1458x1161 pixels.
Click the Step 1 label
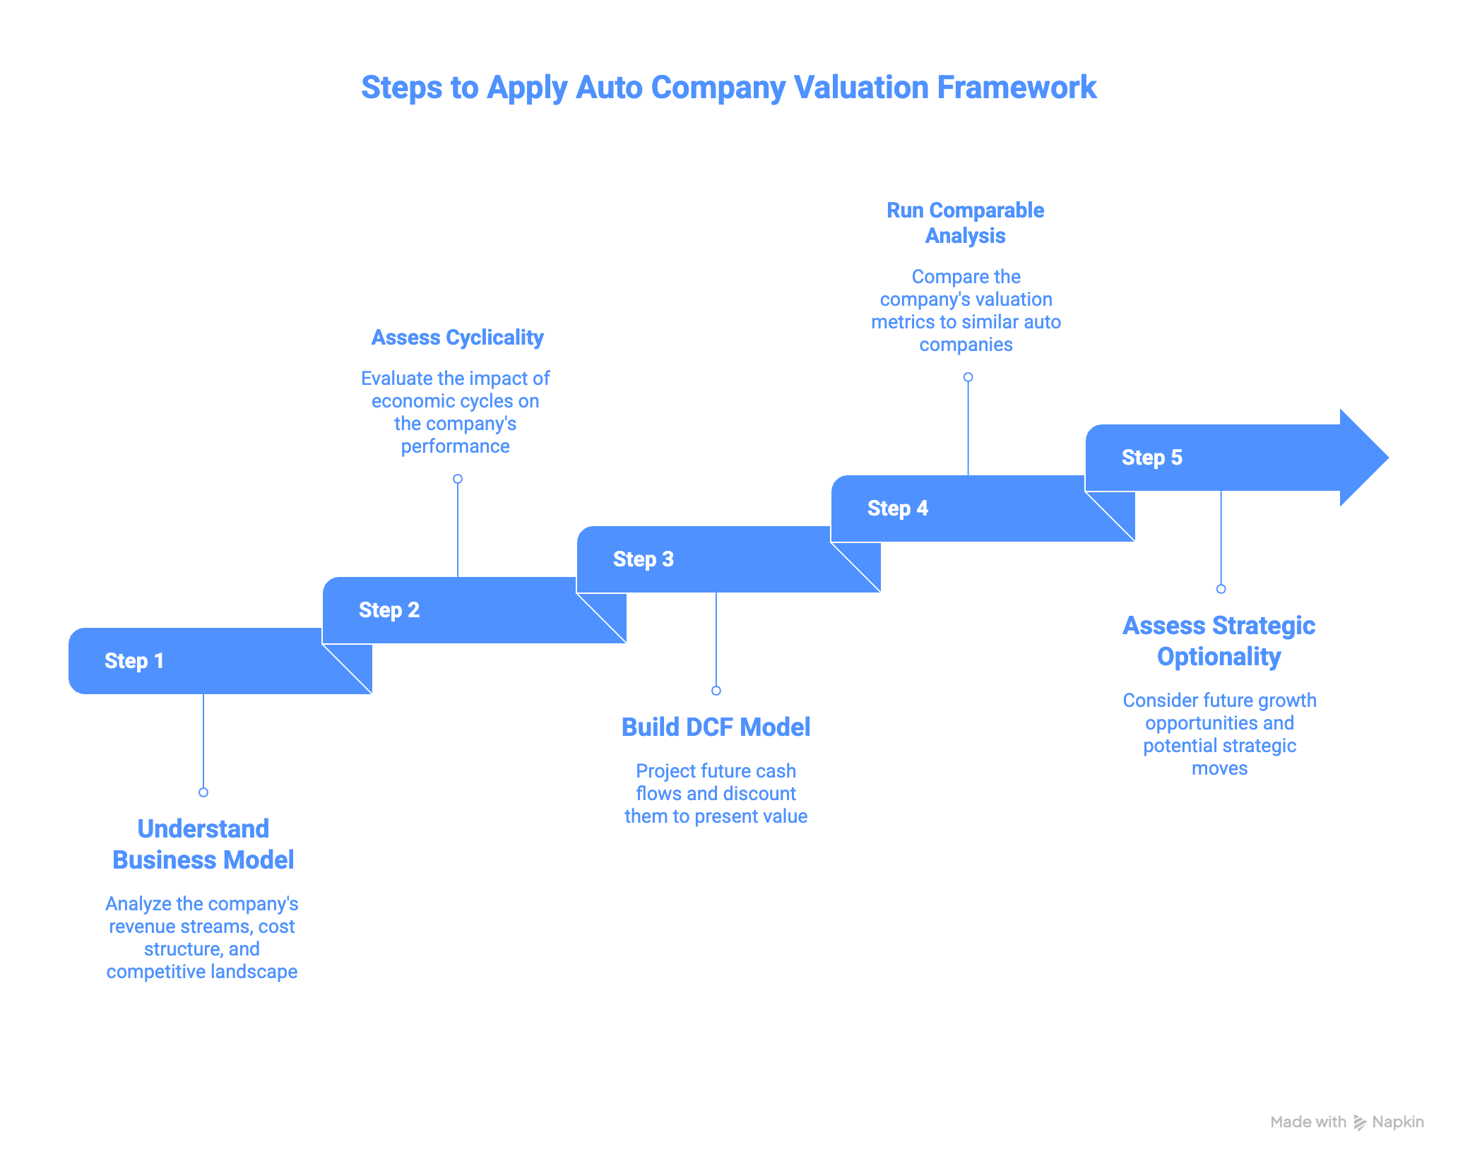click(134, 661)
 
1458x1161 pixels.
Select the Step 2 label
click(389, 610)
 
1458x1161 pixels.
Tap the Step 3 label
click(644, 559)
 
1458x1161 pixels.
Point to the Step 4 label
click(898, 508)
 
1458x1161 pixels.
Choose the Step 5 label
click(1152, 458)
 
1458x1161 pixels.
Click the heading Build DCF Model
click(716, 727)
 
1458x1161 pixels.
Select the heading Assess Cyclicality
click(458, 338)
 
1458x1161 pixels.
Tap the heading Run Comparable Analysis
click(966, 222)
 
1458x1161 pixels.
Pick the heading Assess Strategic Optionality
click(1219, 641)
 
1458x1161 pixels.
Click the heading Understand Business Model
click(203, 844)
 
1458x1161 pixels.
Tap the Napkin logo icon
click(1360, 1122)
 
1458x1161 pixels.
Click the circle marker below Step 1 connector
click(203, 792)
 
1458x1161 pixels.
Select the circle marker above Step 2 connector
click(458, 479)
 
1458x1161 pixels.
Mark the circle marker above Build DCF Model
click(716, 691)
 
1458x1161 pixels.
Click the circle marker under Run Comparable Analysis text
click(968, 377)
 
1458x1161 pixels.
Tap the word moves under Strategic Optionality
click(1219, 768)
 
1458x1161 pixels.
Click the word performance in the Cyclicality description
click(456, 446)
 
